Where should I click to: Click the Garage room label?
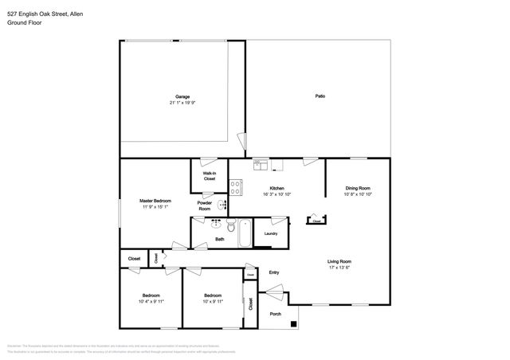click(x=182, y=97)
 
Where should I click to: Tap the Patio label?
click(x=320, y=96)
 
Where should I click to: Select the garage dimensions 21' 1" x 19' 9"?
click(x=182, y=104)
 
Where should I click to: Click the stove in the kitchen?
click(x=236, y=188)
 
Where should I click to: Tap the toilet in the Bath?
click(x=216, y=225)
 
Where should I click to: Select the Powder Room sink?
click(x=222, y=205)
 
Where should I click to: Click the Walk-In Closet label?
click(x=209, y=176)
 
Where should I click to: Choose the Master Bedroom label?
click(x=155, y=200)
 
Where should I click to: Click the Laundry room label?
click(x=271, y=233)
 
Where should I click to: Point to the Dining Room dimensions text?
click(x=358, y=194)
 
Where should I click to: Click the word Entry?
click(x=274, y=272)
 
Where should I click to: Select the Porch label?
click(x=275, y=314)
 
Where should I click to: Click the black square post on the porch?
click(x=296, y=324)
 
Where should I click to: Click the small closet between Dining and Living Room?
click(x=316, y=217)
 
